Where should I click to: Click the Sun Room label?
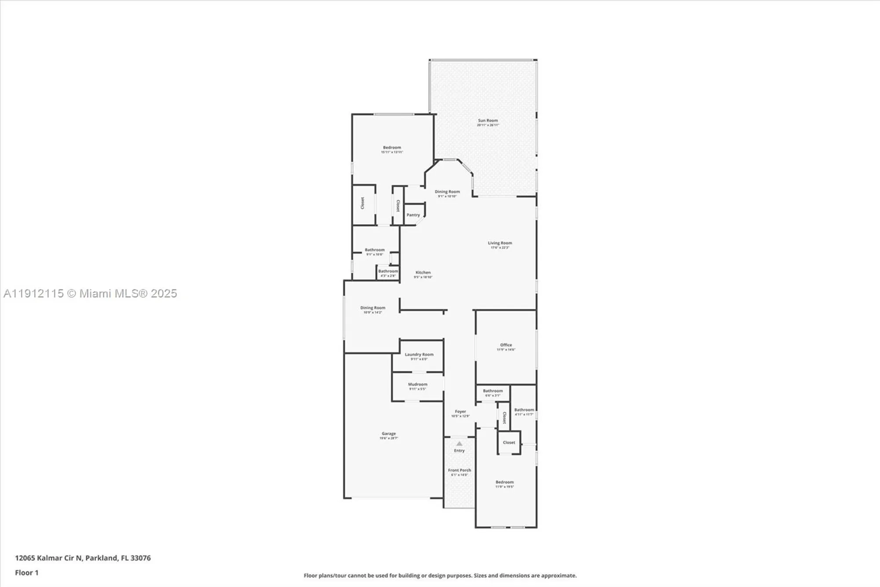[488, 121]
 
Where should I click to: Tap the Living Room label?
[500, 243]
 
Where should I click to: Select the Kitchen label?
[423, 273]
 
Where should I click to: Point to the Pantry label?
[413, 215]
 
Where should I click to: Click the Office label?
[506, 345]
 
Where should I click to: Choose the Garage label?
[389, 434]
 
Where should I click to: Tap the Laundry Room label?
[419, 354]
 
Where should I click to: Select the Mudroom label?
[418, 384]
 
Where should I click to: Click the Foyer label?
[460, 412]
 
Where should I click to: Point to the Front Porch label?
[459, 470]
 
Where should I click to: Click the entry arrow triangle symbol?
[459, 444]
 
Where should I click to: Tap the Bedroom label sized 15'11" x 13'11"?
[392, 148]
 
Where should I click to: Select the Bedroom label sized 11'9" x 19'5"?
[504, 482]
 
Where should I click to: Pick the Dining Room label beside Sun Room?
[447, 192]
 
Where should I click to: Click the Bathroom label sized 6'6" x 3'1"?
[493, 391]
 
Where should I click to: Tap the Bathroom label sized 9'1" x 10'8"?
[374, 250]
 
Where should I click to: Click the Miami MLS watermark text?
[90, 294]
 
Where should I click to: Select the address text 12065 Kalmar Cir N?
[49, 558]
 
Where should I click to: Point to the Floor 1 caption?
[27, 572]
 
